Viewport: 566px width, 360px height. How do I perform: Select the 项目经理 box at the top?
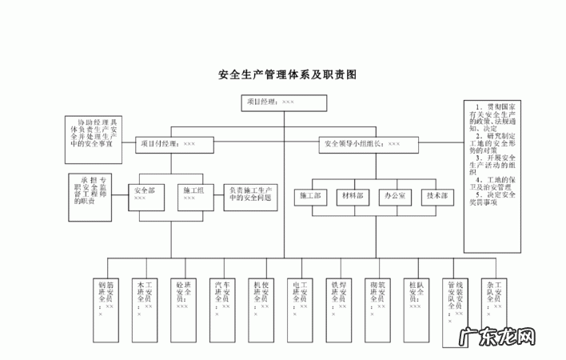[283, 102]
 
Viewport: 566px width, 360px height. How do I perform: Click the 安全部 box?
[151, 194]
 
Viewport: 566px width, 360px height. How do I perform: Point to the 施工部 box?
[310, 195]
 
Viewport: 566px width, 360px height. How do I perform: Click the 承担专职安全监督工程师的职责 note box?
[94, 190]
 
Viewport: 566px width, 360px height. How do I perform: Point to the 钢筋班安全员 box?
[105, 298]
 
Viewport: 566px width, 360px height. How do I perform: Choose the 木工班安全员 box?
[143, 298]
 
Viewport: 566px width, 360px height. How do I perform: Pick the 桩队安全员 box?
[414, 298]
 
